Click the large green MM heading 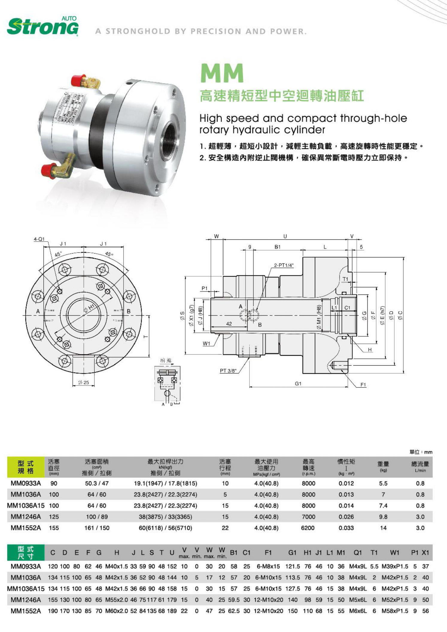(222, 73)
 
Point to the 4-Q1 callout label (39, 239)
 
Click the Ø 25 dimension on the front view (83, 382)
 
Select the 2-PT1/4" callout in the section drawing (284, 265)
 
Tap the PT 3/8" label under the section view (228, 371)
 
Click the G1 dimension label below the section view (298, 384)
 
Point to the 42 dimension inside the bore (229, 323)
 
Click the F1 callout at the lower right (363, 385)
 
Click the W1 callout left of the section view (206, 344)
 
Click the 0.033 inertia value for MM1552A (346, 528)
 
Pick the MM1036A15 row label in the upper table (26, 506)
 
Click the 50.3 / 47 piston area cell (97, 483)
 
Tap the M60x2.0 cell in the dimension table (117, 611)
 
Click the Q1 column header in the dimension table (358, 553)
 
